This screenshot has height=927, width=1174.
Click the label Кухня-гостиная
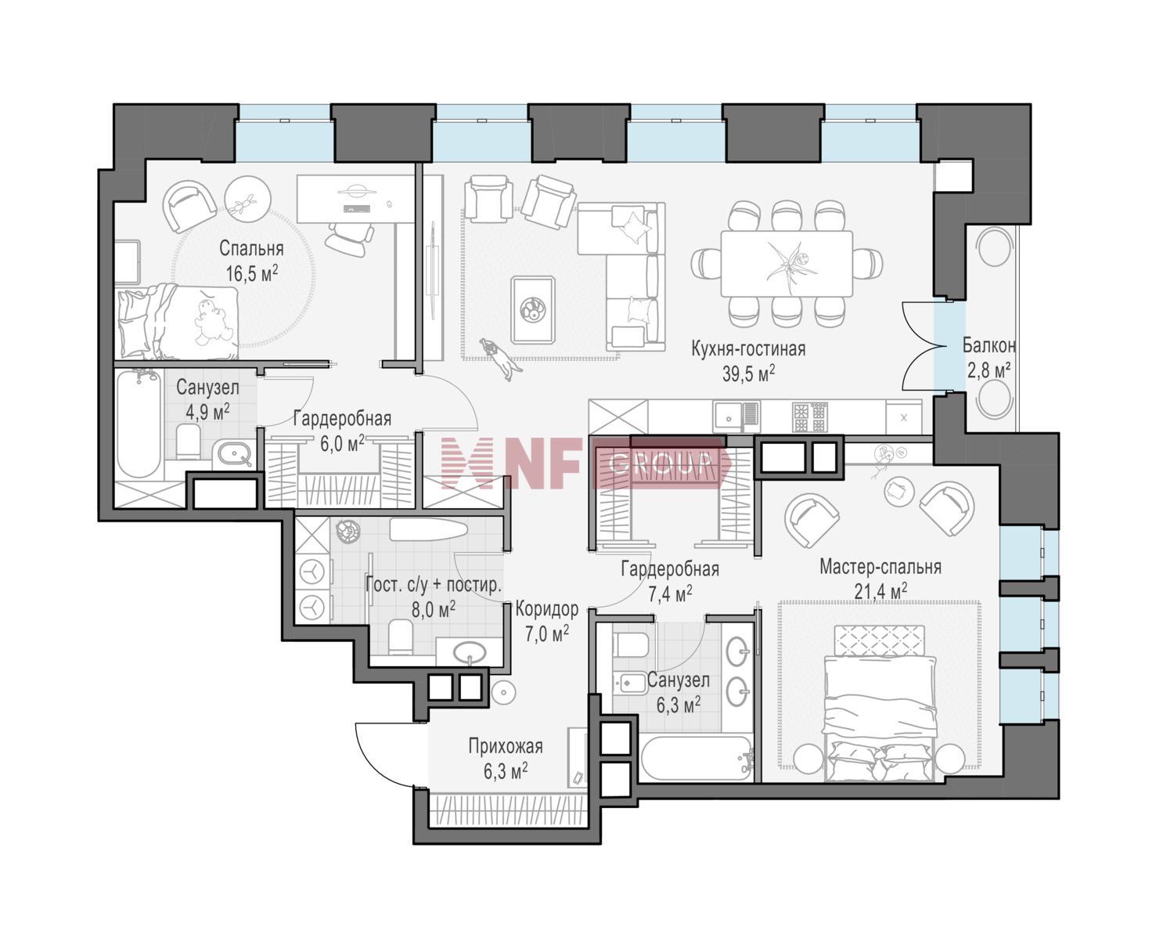[x=748, y=349]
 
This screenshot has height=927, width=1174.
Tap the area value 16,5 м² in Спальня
[x=251, y=272]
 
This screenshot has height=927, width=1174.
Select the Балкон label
[x=989, y=345]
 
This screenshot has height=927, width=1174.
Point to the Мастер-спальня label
[x=880, y=567]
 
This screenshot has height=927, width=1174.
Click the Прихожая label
[x=506, y=746]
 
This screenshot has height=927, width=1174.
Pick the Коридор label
[x=546, y=608]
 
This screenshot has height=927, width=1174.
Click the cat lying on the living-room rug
[x=501, y=358]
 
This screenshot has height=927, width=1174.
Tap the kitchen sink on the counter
[x=736, y=417]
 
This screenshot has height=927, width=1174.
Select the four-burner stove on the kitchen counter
[x=811, y=417]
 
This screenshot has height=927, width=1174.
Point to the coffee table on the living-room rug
[x=533, y=309]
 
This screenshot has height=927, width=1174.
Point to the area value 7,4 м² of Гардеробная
[x=670, y=594]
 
